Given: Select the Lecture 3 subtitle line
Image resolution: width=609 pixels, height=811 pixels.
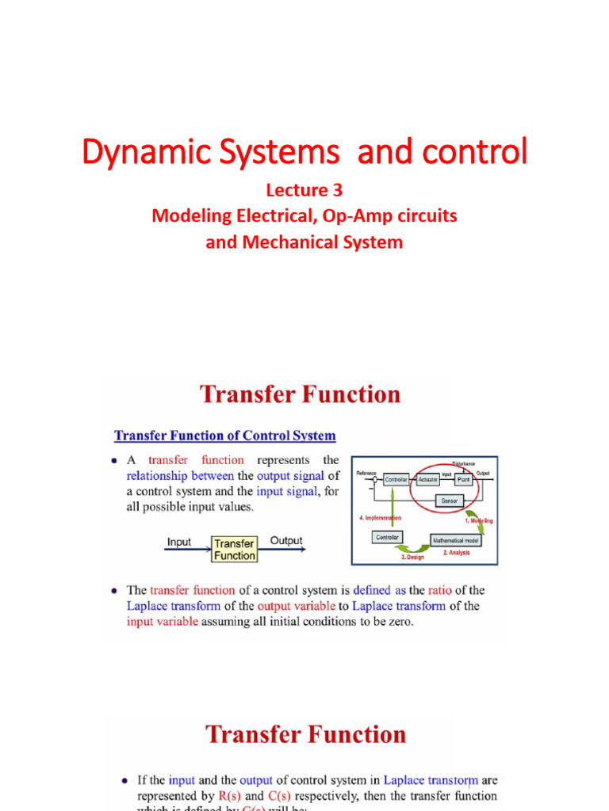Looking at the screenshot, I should [x=304, y=190].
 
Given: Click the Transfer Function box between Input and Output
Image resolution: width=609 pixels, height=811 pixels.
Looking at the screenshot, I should [x=235, y=549].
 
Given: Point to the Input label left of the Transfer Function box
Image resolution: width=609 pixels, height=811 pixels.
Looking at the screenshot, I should [x=179, y=542].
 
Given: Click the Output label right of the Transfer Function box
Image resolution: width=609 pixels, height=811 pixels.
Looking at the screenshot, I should [x=286, y=541].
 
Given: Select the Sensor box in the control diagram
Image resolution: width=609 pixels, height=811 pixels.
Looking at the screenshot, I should [x=449, y=501].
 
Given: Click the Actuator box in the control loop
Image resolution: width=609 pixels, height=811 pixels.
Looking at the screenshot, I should [x=428, y=479].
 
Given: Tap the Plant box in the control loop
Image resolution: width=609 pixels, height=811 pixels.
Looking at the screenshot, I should [x=464, y=479].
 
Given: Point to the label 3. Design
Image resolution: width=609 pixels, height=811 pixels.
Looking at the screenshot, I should [x=412, y=557].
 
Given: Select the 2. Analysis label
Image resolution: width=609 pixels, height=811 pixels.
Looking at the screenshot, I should [x=456, y=552].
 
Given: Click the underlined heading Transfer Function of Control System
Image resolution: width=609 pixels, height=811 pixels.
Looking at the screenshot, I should [x=225, y=436].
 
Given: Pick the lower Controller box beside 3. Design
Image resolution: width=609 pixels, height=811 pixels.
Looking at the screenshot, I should [x=387, y=537].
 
